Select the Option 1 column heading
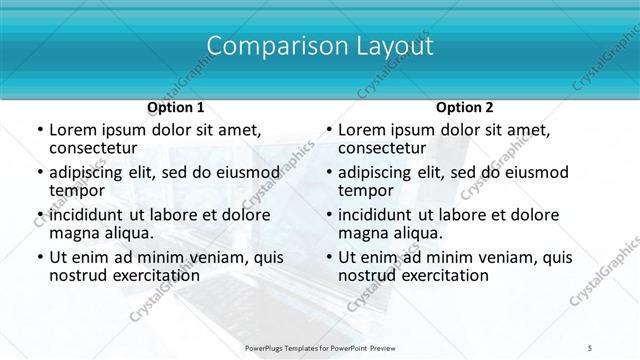176,107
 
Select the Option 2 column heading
465,107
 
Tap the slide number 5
591,349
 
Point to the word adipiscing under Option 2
378,172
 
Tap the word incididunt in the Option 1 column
89,215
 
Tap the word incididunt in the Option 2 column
378,215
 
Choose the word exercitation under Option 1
144,275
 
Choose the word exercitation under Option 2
433,275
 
